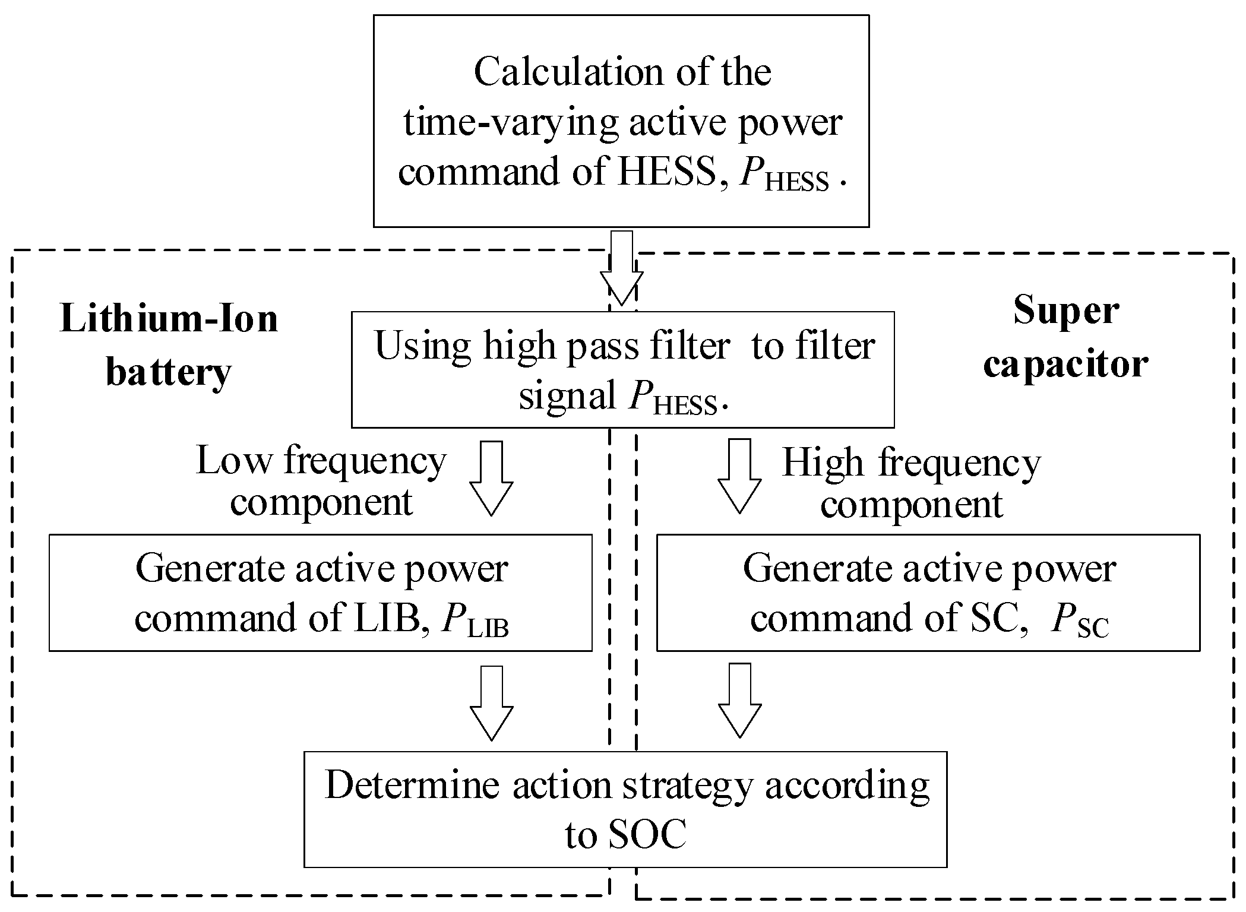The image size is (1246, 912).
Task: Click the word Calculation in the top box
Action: (x=570, y=72)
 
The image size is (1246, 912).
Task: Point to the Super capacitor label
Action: (x=1065, y=337)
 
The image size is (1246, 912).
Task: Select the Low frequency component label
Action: (x=321, y=481)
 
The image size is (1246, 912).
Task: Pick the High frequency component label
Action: (x=911, y=483)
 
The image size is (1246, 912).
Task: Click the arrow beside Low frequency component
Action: (x=491, y=478)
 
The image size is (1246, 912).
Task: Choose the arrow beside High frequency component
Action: (x=739, y=477)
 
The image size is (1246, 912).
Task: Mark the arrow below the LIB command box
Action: (x=491, y=703)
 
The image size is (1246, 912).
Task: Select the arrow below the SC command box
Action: (x=739, y=701)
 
